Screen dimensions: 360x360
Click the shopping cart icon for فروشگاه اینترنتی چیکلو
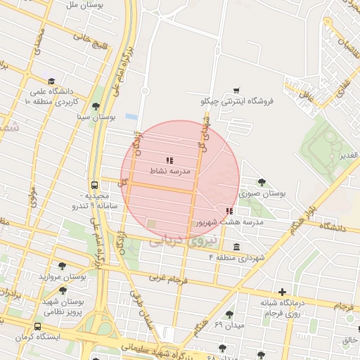[236, 90]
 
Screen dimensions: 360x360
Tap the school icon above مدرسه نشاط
[169, 160]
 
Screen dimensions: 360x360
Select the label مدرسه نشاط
[167, 171]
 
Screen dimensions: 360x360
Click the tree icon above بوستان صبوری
[262, 182]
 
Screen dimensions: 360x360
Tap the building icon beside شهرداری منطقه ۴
[235, 247]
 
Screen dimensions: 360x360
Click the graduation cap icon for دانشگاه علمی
[51, 82]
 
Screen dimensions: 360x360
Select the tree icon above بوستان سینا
[96, 106]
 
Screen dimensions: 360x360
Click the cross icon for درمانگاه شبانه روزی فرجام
[282, 292]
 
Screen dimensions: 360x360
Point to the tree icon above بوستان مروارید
[63, 266]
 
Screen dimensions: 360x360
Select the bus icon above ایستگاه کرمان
[37, 327]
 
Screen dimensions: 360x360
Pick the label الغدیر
[348, 155]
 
